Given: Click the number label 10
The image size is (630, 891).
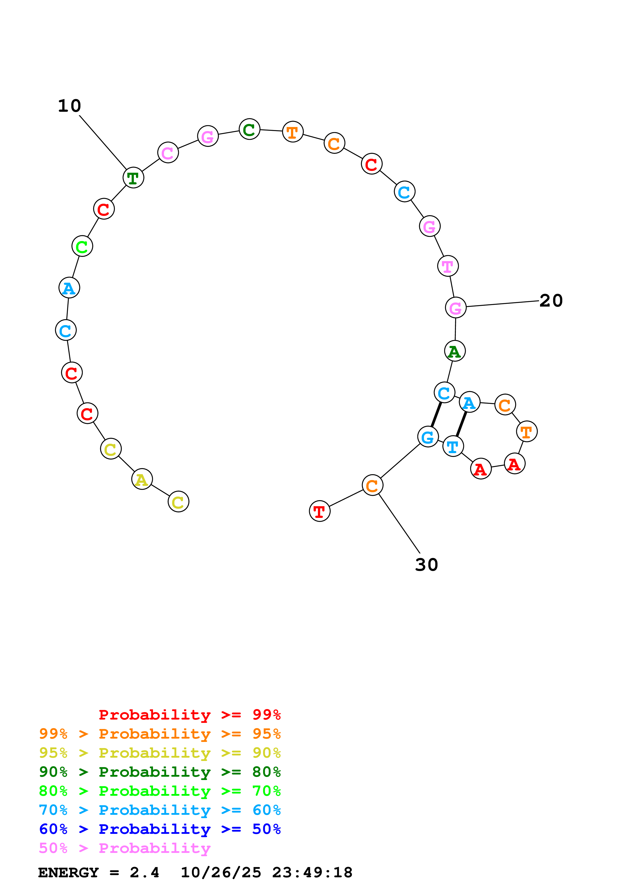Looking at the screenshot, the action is pyautogui.click(x=69, y=106).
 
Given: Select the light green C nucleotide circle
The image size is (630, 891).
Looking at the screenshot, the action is pyautogui.click(x=82, y=246).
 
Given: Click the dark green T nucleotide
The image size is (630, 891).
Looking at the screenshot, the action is pyautogui.click(x=133, y=178).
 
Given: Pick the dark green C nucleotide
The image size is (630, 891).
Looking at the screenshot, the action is pyautogui.click(x=249, y=129).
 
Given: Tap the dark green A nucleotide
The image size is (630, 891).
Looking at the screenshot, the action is pyautogui.click(x=455, y=351).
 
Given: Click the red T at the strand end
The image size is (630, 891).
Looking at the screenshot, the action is pyautogui.click(x=319, y=511).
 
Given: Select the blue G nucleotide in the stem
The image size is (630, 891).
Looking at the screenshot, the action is pyautogui.click(x=428, y=437).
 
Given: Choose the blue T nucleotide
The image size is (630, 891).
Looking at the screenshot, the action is pyautogui.click(x=453, y=446).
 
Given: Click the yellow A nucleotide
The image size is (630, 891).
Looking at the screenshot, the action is pyautogui.click(x=142, y=479).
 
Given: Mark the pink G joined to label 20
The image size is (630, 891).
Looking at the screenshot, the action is pyautogui.click(x=455, y=307).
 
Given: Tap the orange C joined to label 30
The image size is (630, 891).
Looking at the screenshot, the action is pyautogui.click(x=372, y=485).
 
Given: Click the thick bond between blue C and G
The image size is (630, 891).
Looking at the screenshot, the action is pyautogui.click(x=436, y=415).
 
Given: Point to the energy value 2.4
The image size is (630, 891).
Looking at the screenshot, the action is pyautogui.click(x=144, y=872).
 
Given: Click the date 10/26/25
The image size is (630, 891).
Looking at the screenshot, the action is pyautogui.click(x=221, y=872).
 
